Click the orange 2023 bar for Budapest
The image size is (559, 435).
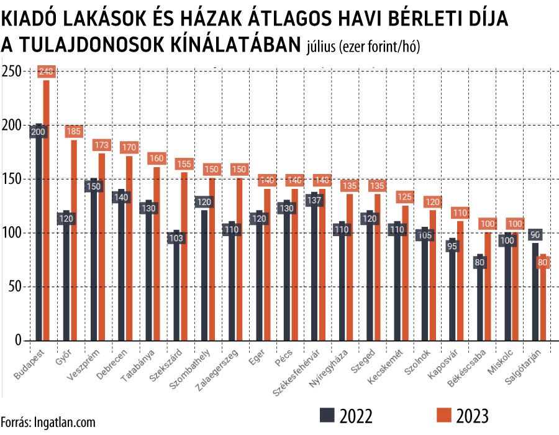[46, 211]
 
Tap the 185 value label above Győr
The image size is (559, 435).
[74, 131]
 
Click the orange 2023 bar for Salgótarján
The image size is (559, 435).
[542, 304]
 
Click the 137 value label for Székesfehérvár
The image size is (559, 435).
[315, 200]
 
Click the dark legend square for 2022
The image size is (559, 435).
[327, 415]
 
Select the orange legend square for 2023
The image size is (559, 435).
[443, 415]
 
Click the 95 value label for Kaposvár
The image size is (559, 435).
[452, 247]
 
